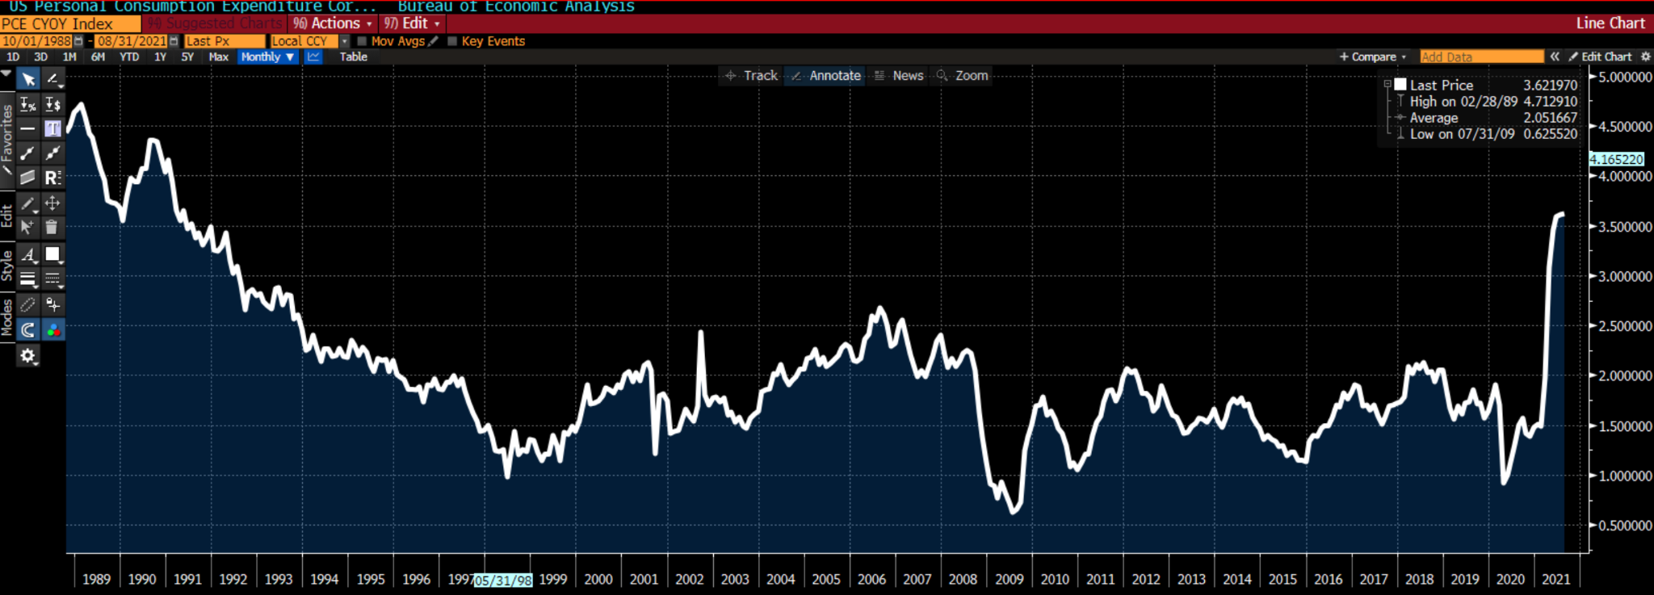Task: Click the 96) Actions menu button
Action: pyautogui.click(x=333, y=23)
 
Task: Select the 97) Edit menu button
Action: pyautogui.click(x=412, y=23)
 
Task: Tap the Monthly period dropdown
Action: pyautogui.click(x=267, y=57)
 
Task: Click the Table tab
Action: pyautogui.click(x=353, y=57)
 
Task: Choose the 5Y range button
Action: pyautogui.click(x=187, y=57)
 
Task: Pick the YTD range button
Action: pyautogui.click(x=129, y=57)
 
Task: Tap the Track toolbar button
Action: pyautogui.click(x=752, y=75)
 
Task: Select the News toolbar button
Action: pyautogui.click(x=900, y=75)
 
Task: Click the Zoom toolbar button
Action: pyautogui.click(x=963, y=75)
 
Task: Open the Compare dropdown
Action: pyautogui.click(x=1373, y=57)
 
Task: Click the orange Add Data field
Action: pyautogui.click(x=1481, y=57)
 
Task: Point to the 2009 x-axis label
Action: pyautogui.click(x=1009, y=579)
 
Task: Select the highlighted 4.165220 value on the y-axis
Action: pyautogui.click(x=1616, y=160)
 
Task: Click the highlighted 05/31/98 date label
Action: pyautogui.click(x=503, y=580)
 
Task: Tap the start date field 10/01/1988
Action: pyautogui.click(x=37, y=41)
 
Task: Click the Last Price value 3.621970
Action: pyautogui.click(x=1550, y=85)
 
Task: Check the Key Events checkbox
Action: pyautogui.click(x=452, y=41)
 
